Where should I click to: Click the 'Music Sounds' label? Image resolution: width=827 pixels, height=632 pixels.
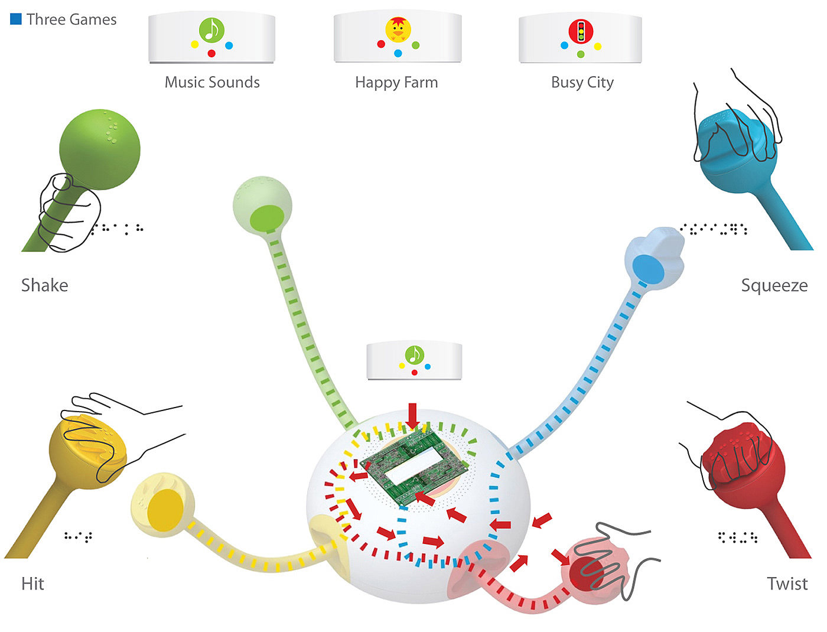pyautogui.click(x=212, y=82)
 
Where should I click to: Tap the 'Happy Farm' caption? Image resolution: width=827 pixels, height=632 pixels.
pyautogui.click(x=396, y=82)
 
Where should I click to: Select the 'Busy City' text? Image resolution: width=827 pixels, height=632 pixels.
pyautogui.click(x=582, y=82)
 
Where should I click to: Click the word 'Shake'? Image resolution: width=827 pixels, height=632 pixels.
pyautogui.click(x=44, y=285)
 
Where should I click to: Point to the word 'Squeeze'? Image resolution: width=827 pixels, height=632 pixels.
pyautogui.click(x=774, y=285)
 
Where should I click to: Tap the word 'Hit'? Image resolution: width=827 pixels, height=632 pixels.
pyautogui.click(x=32, y=584)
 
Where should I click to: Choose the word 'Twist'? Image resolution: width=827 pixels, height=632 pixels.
pyautogui.click(x=787, y=584)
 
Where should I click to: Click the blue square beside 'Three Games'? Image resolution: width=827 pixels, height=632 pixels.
pyautogui.click(x=16, y=19)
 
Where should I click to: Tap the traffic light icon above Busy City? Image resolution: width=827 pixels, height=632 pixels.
pyautogui.click(x=581, y=30)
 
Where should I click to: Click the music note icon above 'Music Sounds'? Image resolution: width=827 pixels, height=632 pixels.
pyautogui.click(x=212, y=30)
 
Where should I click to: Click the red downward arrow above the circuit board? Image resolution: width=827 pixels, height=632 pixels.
pyautogui.click(x=412, y=415)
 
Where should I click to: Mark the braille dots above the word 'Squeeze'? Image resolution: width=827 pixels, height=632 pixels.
pyautogui.click(x=714, y=229)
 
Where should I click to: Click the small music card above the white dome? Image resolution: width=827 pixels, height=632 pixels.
pyautogui.click(x=414, y=360)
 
